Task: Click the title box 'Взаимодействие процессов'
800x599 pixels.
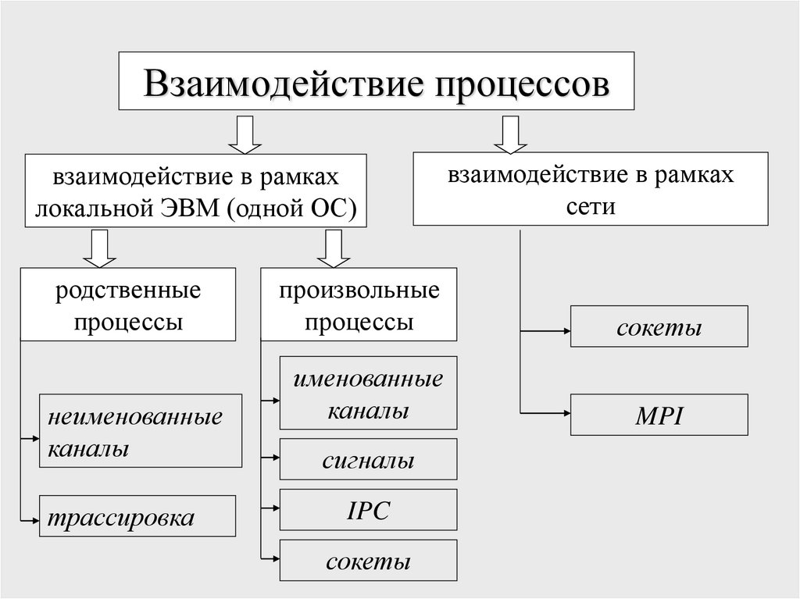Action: coord(376,81)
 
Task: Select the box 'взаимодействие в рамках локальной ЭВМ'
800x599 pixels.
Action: coord(195,192)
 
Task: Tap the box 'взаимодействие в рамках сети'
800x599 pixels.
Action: coord(590,189)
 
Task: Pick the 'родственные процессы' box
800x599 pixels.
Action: coord(128,304)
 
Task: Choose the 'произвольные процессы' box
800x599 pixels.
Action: coord(359,304)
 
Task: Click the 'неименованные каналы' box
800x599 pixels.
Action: coord(141,430)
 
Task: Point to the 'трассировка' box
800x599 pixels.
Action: coord(128,515)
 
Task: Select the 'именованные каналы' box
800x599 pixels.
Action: coord(369,393)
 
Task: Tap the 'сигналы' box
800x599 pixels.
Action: coord(369,459)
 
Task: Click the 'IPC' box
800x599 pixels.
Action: coord(369,510)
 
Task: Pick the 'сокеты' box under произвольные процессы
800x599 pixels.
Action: coord(369,561)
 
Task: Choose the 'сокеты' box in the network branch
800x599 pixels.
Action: coord(659,326)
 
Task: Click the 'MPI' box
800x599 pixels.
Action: coord(659,415)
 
